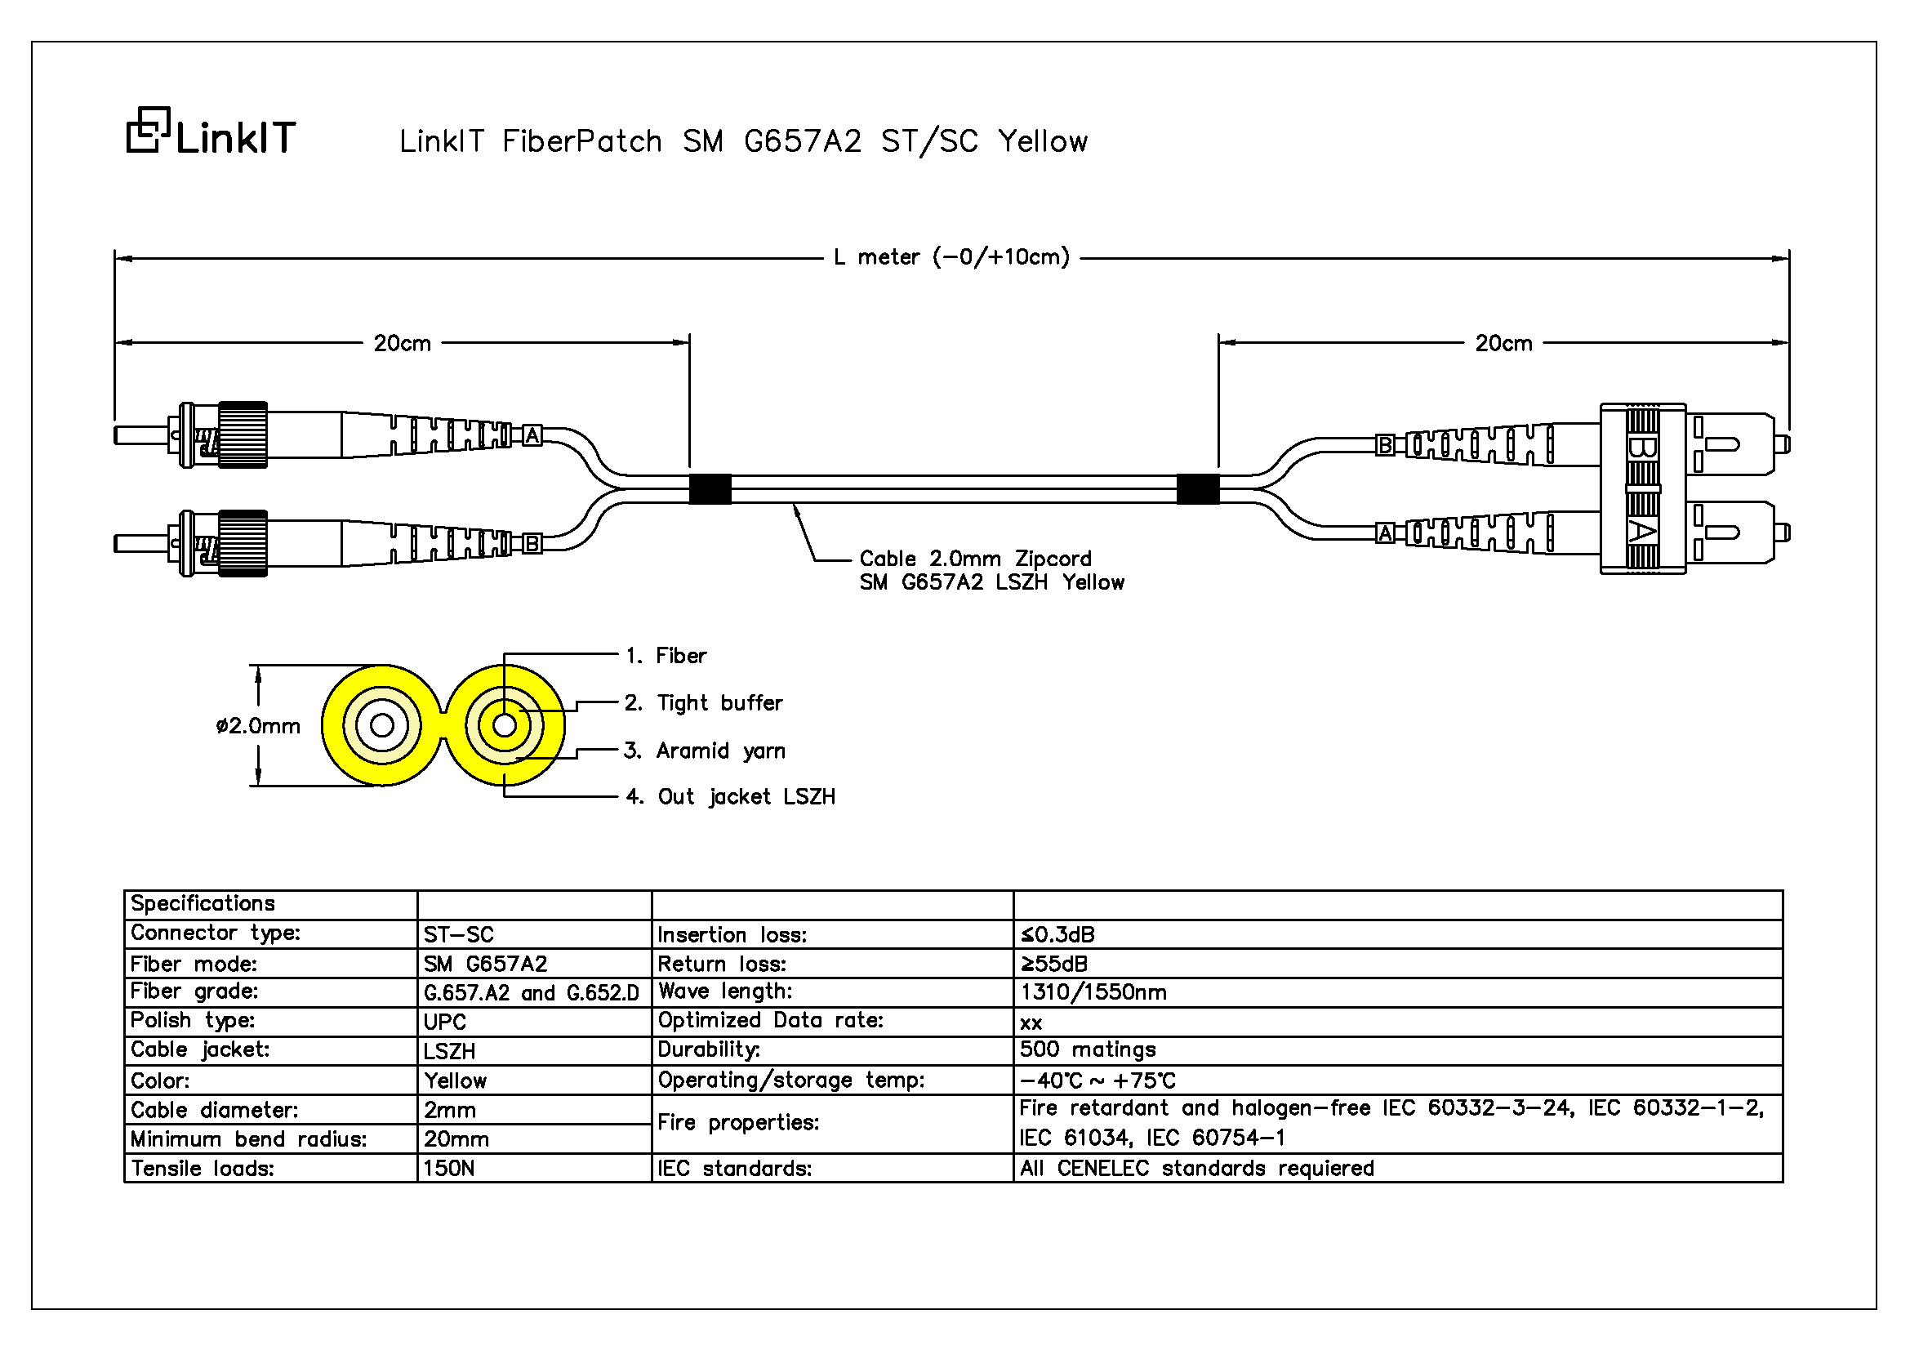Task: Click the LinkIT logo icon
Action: [148, 130]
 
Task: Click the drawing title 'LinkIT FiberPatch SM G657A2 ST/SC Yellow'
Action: [743, 141]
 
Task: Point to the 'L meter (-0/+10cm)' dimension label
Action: [951, 257]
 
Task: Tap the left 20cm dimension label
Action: [402, 344]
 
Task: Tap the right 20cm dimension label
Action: [1503, 344]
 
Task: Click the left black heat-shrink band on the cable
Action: [710, 489]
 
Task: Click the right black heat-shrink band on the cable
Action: [1198, 489]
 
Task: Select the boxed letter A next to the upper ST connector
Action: [532, 435]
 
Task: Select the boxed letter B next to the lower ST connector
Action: [532, 544]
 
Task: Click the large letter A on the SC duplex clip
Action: [1641, 532]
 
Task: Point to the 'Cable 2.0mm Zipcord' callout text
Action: [975, 558]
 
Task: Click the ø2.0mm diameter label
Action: [258, 726]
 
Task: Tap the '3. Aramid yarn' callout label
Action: [705, 751]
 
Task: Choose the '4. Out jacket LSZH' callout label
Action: [729, 797]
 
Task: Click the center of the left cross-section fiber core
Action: [382, 725]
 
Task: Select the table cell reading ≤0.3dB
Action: [1057, 935]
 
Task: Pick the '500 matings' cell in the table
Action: [1087, 1049]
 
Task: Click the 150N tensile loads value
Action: [448, 1169]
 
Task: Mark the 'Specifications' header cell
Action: [203, 904]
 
